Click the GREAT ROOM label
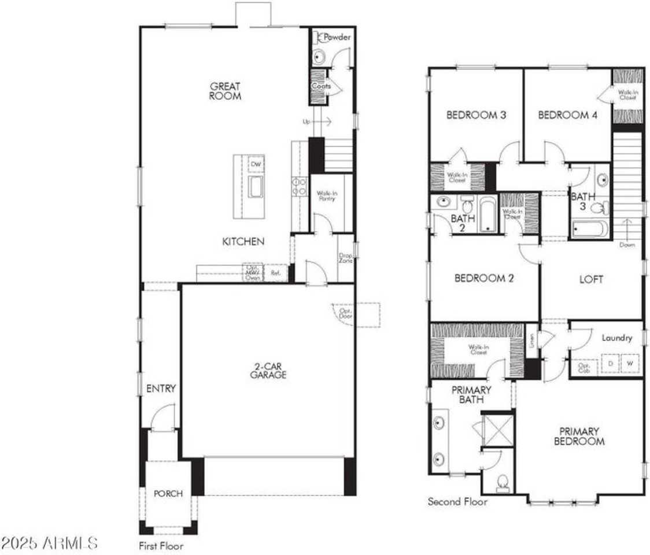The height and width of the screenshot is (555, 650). [225, 91]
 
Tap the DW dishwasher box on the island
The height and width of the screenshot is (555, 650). [256, 165]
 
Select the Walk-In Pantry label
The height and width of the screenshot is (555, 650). [326, 195]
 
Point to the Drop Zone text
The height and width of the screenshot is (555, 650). [346, 257]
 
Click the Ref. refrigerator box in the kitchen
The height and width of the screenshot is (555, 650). [276, 273]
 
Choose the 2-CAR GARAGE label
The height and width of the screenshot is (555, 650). [268, 371]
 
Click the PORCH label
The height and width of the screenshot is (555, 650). [168, 494]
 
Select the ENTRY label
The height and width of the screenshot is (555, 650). [160, 388]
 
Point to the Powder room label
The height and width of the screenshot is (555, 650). [337, 38]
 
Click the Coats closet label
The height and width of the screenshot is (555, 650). [322, 86]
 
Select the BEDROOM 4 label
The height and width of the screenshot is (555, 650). [567, 114]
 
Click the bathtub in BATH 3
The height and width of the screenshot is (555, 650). [590, 229]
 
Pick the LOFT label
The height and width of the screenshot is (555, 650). [592, 279]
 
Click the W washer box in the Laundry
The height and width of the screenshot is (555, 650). [631, 364]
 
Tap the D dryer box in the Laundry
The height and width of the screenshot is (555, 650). [610, 364]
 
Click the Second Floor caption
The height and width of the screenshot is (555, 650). [457, 502]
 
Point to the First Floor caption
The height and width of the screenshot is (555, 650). [161, 545]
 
